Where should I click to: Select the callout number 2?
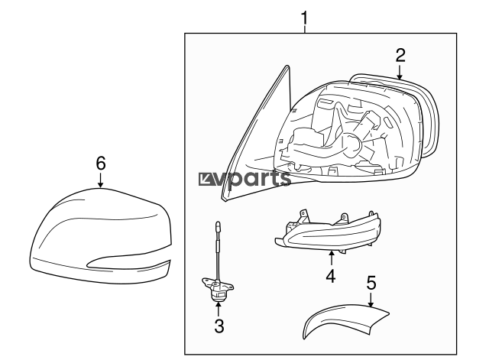click(400, 54)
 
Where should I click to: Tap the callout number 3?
click(219, 327)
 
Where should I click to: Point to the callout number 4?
click(331, 275)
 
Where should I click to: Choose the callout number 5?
click(371, 283)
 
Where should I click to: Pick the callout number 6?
click(100, 163)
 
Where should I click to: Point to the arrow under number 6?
click(100, 180)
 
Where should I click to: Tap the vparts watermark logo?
click(244, 180)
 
